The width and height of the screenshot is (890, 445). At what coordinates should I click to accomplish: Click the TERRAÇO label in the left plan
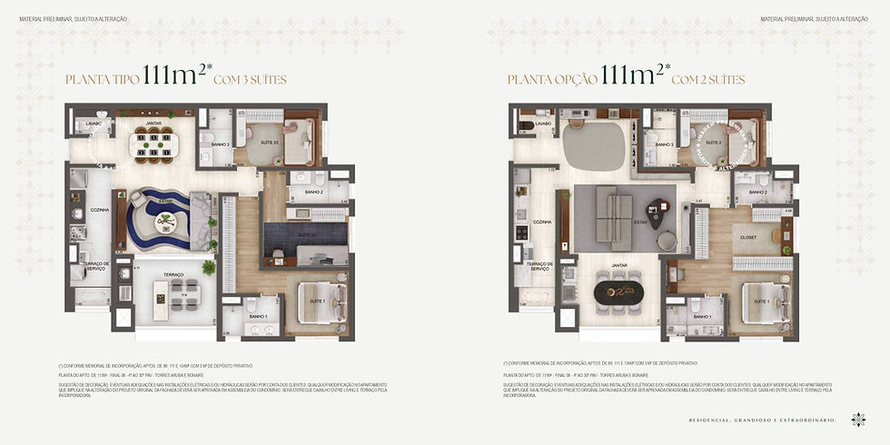tap(173, 273)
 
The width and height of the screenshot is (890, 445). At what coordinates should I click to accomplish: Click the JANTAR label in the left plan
tap(154, 124)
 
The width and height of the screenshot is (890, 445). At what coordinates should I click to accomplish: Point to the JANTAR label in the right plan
tap(620, 265)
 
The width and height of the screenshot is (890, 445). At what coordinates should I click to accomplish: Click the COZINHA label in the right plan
tap(542, 222)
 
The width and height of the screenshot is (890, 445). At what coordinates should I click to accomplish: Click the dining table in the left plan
tap(153, 143)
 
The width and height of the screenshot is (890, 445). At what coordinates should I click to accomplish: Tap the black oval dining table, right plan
tap(620, 294)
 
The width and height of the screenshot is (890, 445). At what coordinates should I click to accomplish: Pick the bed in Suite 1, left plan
tap(322, 303)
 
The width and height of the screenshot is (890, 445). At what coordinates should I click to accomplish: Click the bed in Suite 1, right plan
tap(764, 303)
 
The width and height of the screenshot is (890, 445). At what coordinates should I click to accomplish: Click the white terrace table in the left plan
tap(163, 295)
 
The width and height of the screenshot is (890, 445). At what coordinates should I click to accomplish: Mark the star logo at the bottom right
tap(857, 419)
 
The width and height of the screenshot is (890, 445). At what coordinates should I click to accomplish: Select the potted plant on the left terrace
tap(209, 267)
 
